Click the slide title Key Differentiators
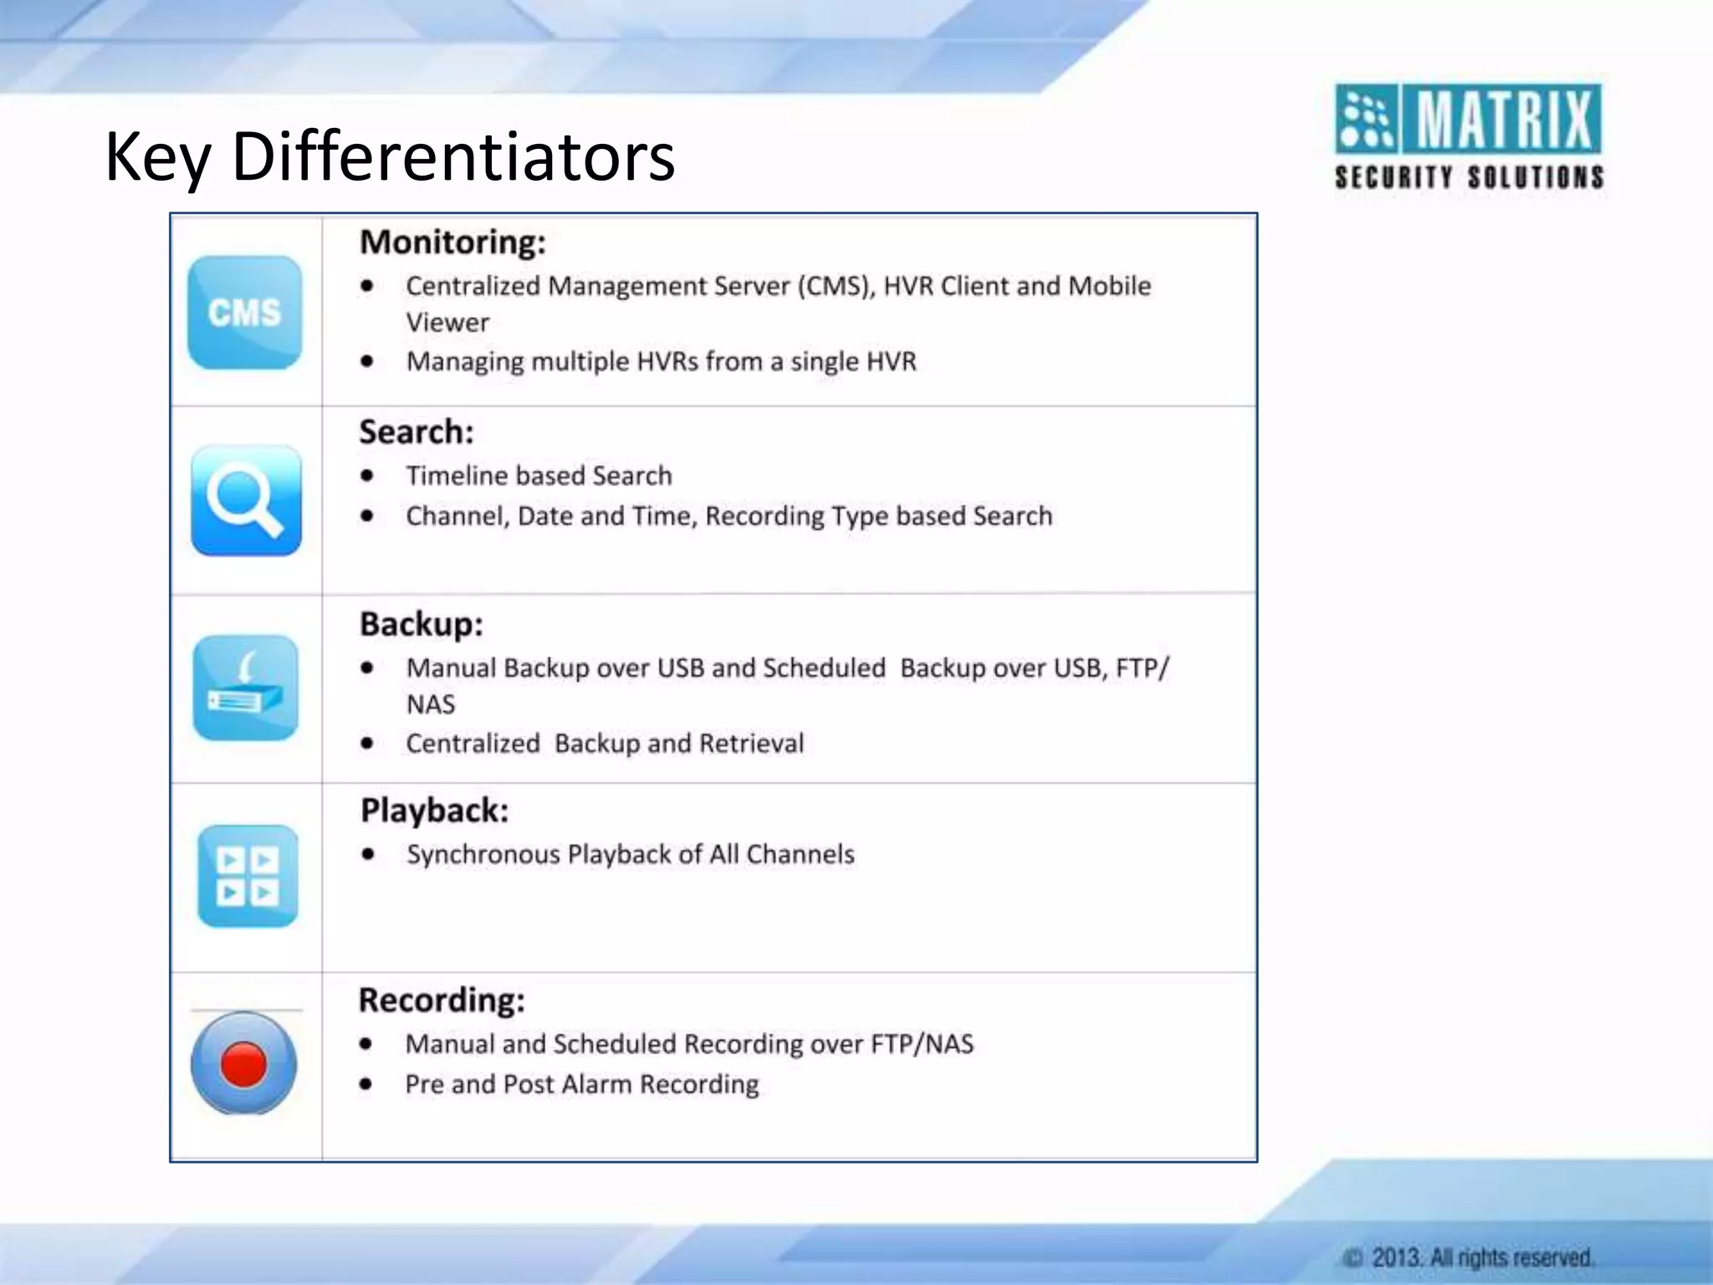pyautogui.click(x=390, y=156)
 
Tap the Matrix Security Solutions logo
pyautogui.click(x=1469, y=136)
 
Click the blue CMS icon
pyautogui.click(x=244, y=312)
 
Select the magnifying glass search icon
pyautogui.click(x=245, y=500)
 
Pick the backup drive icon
pyautogui.click(x=245, y=688)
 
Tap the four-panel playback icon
pyautogui.click(x=248, y=876)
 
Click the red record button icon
pyautogui.click(x=243, y=1063)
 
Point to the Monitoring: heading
pyautogui.click(x=453, y=243)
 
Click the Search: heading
pyautogui.click(x=417, y=433)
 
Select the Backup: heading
pyautogui.click(x=422, y=624)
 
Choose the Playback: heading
pyautogui.click(x=434, y=811)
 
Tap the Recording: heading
pyautogui.click(x=442, y=1001)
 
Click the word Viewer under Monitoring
pyautogui.click(x=447, y=323)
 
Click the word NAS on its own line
pyautogui.click(x=431, y=704)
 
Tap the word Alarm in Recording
pyautogui.click(x=596, y=1084)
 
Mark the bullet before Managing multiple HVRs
pyautogui.click(x=367, y=361)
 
